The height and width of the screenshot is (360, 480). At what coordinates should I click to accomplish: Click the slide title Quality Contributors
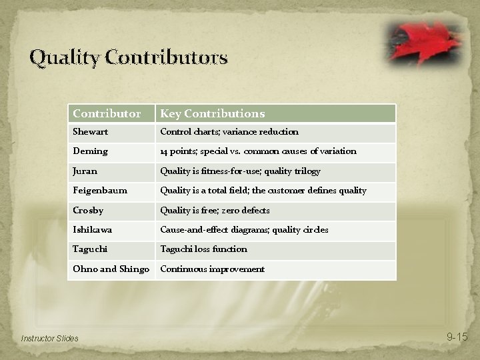pos(128,58)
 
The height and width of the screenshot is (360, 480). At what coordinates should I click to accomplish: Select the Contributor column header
pos(107,114)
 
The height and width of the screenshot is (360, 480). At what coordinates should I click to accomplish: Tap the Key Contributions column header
pos(212,114)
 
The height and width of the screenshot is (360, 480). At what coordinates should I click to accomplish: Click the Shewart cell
pos(90,132)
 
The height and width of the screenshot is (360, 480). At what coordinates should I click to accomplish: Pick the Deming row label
pos(90,151)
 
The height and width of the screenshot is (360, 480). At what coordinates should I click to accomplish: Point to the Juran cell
pos(85,171)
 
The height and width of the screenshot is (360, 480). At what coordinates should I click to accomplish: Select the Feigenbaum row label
pos(100,191)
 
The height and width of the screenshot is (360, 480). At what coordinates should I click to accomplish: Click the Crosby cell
pos(87,210)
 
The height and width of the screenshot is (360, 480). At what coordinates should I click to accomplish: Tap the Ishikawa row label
pos(92,230)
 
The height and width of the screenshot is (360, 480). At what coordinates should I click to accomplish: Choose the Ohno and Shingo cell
pos(111,269)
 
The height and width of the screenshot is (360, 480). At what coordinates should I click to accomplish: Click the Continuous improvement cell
pos(212,269)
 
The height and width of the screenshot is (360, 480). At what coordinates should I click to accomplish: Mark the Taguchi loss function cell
pos(203,249)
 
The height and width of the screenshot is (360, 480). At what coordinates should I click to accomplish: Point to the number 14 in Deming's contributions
pos(164,151)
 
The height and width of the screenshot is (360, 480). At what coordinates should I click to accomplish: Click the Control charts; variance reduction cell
pos(229,132)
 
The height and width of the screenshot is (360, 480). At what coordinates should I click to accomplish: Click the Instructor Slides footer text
pos(49,339)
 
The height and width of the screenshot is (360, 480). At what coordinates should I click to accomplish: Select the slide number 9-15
pos(457,337)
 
